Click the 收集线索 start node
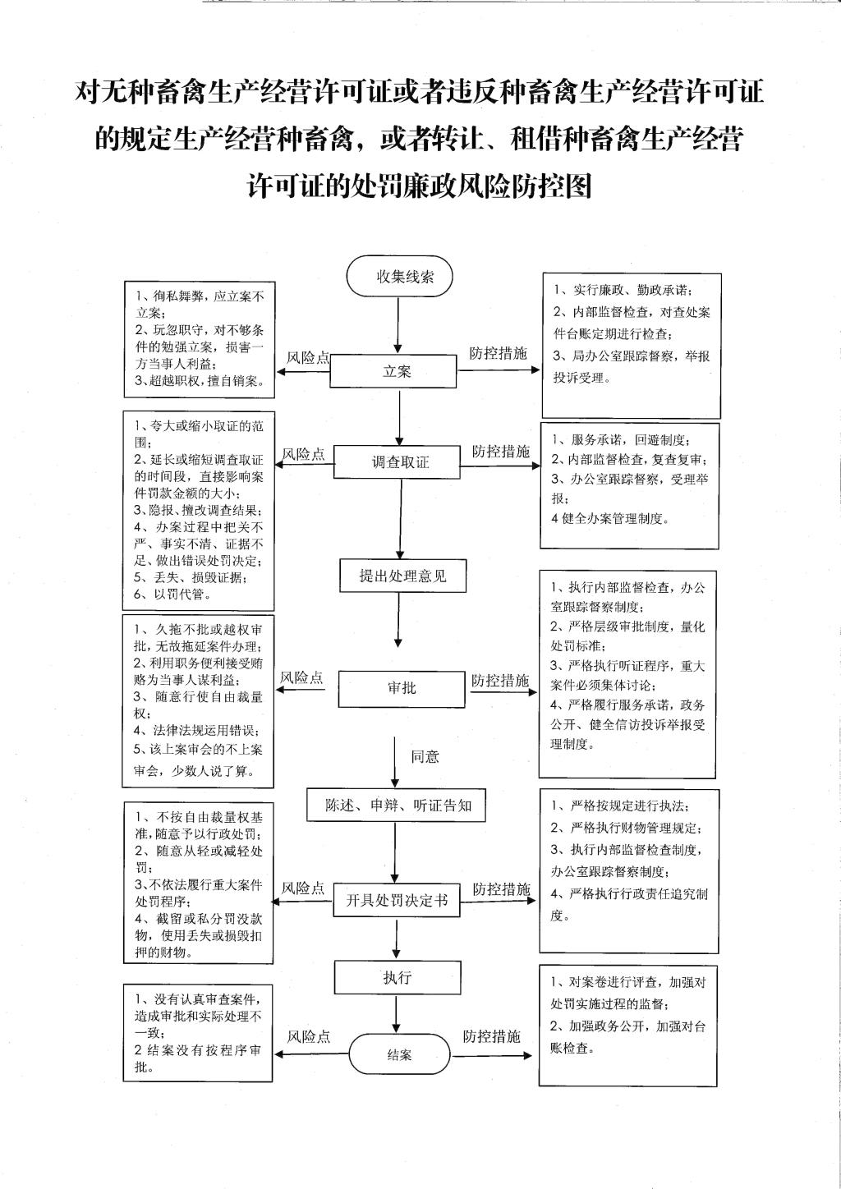398,276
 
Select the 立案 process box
393,371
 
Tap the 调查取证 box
397,461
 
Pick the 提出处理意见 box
403,576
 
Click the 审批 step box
402,689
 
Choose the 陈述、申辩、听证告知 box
396,806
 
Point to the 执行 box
398,977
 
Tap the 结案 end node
398,1054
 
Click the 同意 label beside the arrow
425,757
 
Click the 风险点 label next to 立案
308,358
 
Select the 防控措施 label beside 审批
500,681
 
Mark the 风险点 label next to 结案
309,1036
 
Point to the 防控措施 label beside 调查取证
501,451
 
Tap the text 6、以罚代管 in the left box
172,594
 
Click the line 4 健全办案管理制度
610,519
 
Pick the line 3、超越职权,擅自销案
199,381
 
